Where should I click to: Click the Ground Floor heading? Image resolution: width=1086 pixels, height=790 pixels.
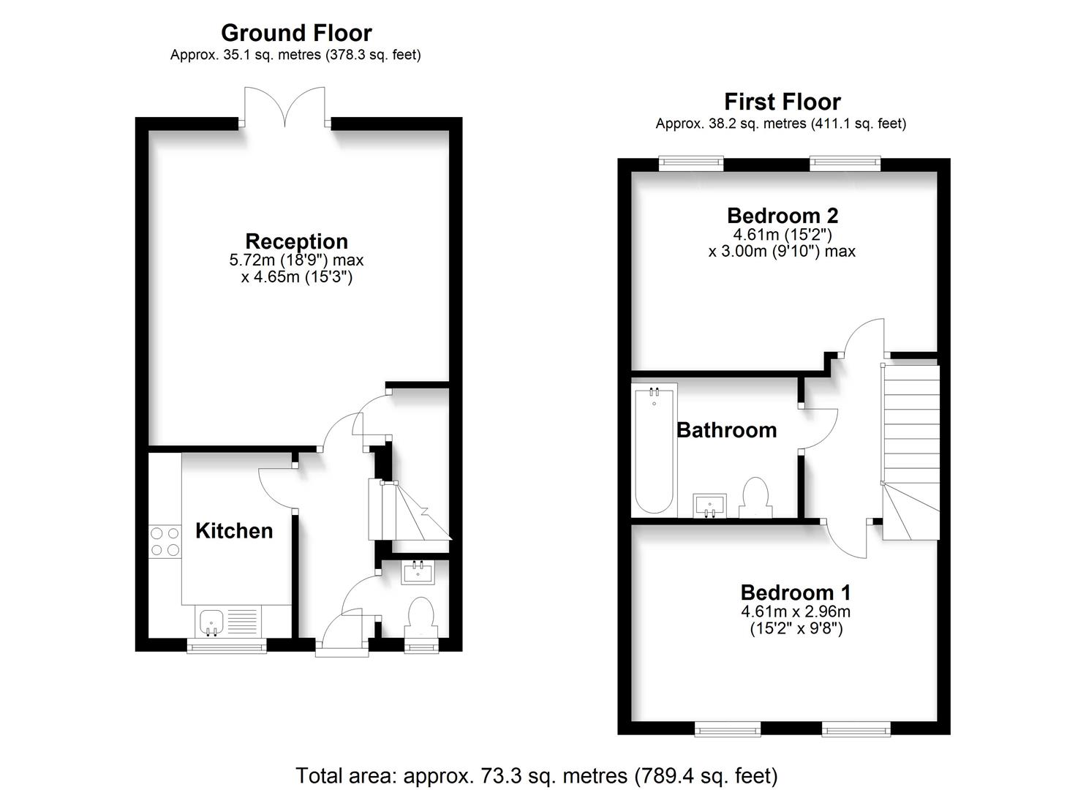pos(296,33)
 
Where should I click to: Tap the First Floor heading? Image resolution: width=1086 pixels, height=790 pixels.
pos(782,102)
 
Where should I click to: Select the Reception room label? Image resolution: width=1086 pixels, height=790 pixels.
pos(296,241)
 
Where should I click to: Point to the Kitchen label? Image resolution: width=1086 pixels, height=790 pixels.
pos(234,530)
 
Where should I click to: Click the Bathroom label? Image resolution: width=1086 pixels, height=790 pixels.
pos(726,430)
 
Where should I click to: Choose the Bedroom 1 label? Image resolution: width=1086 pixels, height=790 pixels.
pos(796,592)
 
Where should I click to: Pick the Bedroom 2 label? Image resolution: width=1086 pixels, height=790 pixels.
pos(783,215)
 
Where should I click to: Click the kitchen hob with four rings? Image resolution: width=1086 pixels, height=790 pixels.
pos(165,542)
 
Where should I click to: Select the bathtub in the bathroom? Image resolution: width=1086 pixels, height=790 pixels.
pos(654,450)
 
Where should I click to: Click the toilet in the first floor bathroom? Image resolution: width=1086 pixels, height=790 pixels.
pos(755,498)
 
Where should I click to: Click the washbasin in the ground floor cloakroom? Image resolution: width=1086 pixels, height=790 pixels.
pos(418,572)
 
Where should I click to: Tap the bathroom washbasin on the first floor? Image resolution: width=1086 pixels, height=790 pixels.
pos(710,505)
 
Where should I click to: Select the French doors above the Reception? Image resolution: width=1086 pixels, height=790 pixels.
pos(284,107)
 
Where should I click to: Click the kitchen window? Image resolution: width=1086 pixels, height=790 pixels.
pos(227,646)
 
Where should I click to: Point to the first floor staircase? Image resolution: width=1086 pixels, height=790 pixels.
pos(910,452)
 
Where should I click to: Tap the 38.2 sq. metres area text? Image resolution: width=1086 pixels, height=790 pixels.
pos(731,124)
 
